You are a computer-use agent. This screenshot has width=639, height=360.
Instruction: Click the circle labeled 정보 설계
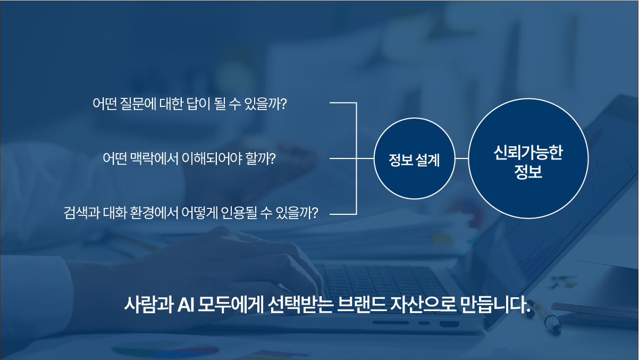point(414,159)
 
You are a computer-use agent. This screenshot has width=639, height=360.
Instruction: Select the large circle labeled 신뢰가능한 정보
point(528,158)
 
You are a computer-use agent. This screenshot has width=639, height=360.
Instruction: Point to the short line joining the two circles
point(461,159)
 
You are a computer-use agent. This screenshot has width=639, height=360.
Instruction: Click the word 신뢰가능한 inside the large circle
point(528,151)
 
